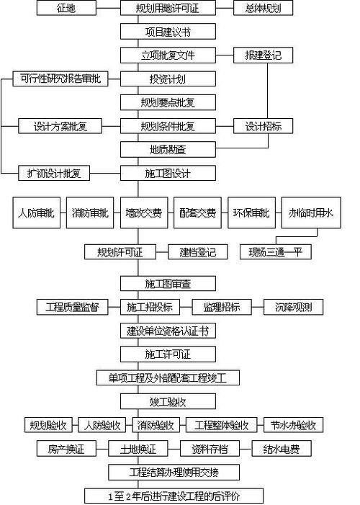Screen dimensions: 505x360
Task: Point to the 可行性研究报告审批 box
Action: (x=61, y=79)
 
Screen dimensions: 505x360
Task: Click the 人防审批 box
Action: (x=36, y=213)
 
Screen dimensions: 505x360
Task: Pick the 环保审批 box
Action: (x=251, y=213)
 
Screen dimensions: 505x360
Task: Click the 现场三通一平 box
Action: (x=274, y=252)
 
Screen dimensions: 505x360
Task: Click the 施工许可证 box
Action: (x=167, y=354)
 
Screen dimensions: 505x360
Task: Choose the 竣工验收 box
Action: (x=167, y=401)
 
